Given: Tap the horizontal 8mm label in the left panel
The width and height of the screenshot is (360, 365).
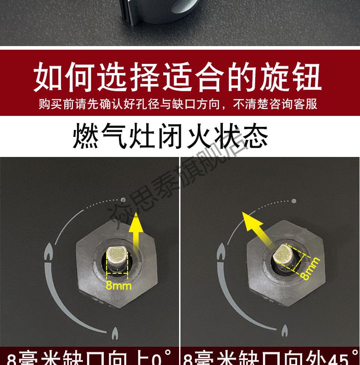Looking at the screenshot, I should [118, 286].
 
